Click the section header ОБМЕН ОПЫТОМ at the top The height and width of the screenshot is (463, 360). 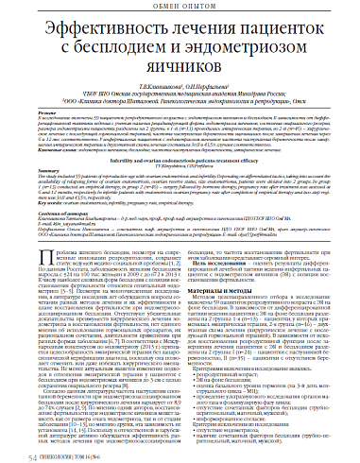(x=180, y=9)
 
